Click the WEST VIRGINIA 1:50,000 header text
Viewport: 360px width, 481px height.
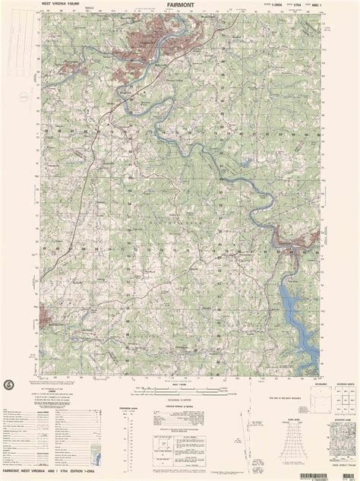(46, 5)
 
